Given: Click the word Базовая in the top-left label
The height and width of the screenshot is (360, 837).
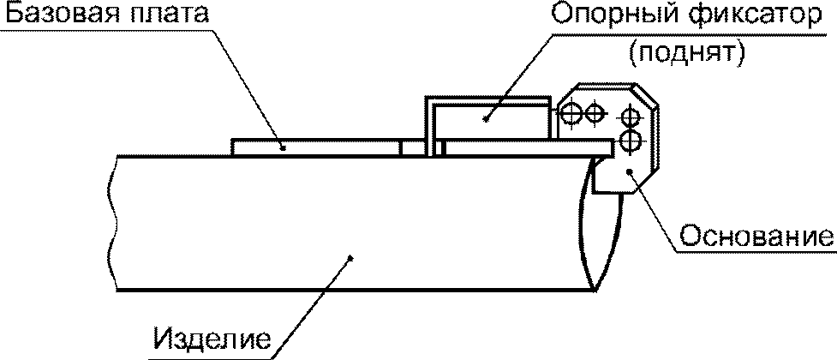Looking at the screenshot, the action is click(53, 15).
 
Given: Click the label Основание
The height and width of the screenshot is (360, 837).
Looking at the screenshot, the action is click(756, 234).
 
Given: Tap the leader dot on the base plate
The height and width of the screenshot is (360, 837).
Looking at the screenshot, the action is click(282, 147).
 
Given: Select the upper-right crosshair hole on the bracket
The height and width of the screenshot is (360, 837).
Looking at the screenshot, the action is click(630, 116).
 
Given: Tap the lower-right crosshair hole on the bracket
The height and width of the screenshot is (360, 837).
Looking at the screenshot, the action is click(630, 140).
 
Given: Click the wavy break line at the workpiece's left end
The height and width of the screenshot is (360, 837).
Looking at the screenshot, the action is click(111, 223).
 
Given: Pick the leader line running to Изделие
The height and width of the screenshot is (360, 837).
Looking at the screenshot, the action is click(317, 300).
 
